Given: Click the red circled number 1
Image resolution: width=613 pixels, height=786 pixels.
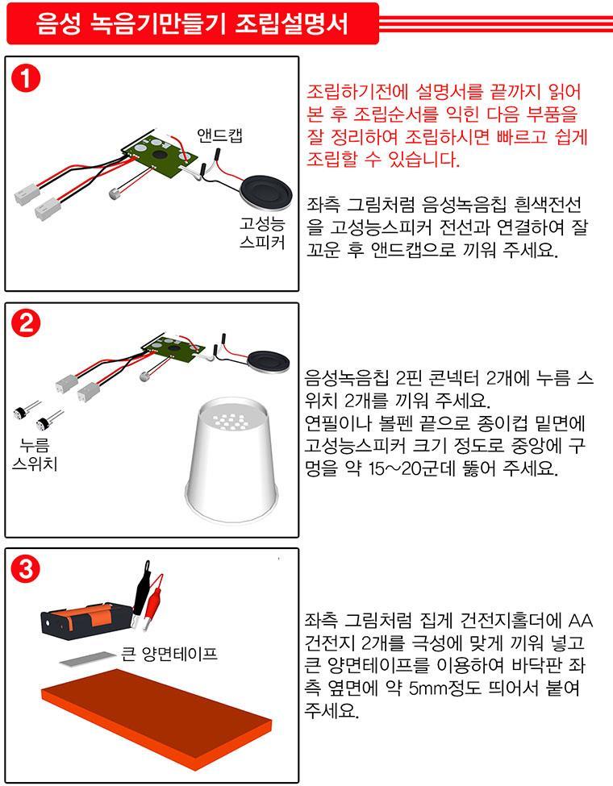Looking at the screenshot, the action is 25,79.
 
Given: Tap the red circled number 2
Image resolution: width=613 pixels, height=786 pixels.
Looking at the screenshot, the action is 25,323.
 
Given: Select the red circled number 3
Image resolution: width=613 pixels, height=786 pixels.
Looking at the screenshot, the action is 25,569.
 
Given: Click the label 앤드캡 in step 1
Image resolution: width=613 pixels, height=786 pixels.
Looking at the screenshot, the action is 219,135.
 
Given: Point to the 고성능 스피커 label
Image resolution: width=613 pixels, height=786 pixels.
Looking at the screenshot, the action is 262,233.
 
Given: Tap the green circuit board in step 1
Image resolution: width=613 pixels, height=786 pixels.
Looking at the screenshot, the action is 160,152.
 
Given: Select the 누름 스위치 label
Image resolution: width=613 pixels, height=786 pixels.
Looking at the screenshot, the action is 35,455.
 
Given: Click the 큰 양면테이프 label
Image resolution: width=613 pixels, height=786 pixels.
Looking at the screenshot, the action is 169,654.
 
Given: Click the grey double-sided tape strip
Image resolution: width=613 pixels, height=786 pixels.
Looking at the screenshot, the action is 88,659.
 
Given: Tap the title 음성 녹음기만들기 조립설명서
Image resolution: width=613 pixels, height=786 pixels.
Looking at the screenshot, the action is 192,23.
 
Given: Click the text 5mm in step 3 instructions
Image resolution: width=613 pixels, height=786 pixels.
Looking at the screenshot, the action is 427,688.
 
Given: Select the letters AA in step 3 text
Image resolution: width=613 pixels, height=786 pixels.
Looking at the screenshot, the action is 581,621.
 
